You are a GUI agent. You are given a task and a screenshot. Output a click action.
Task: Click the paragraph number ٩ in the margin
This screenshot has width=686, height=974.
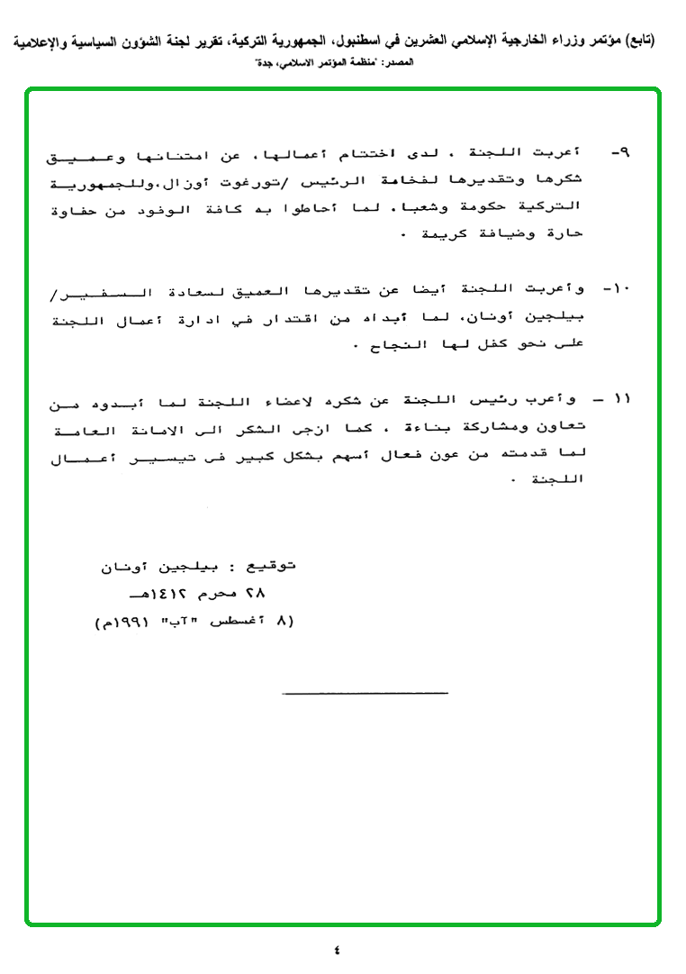tap(620, 152)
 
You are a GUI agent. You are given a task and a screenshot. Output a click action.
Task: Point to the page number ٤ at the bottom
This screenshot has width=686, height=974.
tap(337, 949)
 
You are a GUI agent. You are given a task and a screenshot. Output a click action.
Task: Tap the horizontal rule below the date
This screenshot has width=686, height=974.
tap(365, 693)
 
